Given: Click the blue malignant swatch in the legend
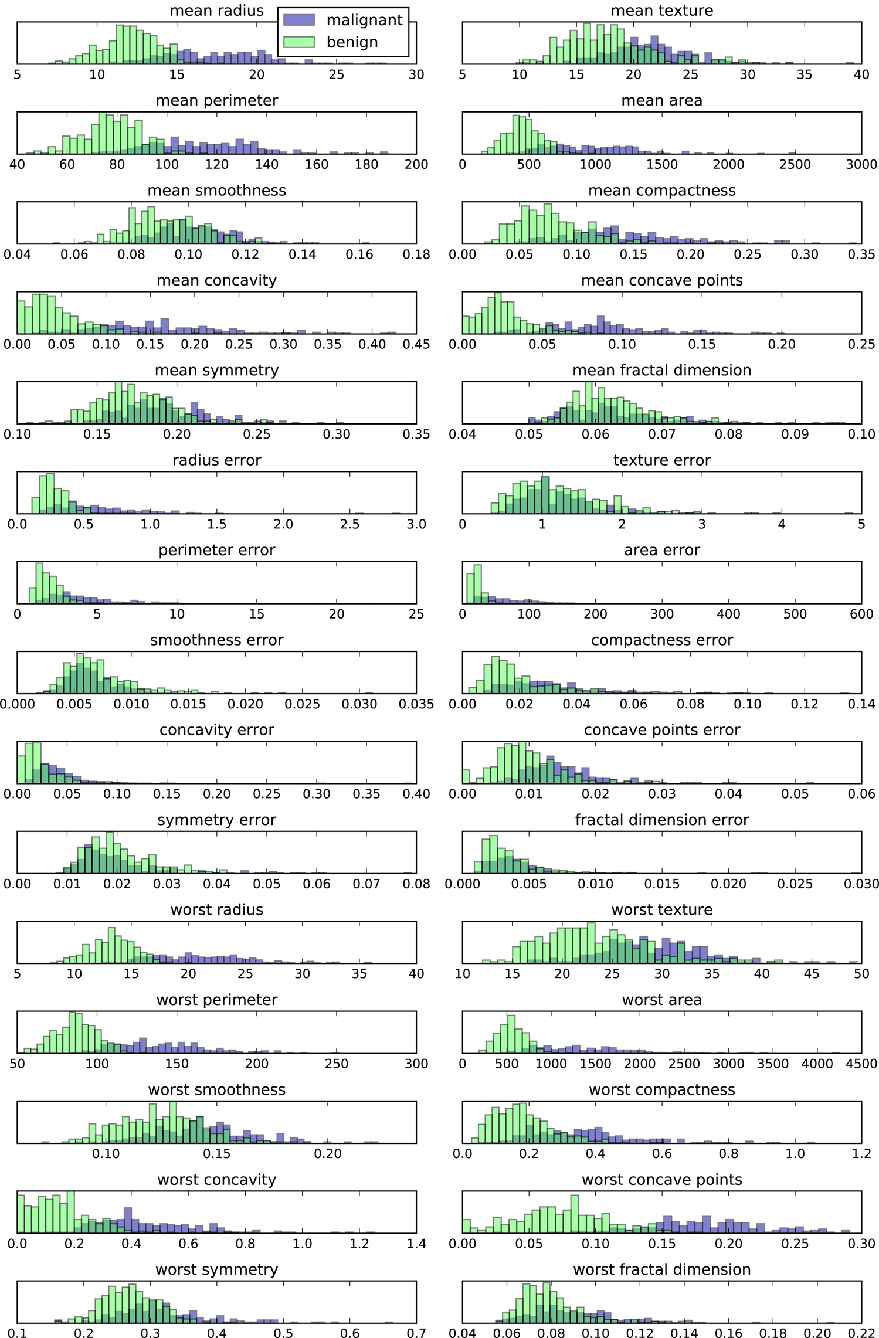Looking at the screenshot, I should [299, 20].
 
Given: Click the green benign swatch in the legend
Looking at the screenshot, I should [299, 42].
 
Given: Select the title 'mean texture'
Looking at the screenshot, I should [661, 11].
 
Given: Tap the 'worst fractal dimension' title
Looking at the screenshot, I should [661, 1269].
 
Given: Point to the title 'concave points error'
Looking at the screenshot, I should [661, 730].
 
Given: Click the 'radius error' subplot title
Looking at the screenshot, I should [216, 460].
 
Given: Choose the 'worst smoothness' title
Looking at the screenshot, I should [216, 1089].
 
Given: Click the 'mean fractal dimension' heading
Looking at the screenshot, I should [661, 370].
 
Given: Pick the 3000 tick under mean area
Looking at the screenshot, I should [861, 164].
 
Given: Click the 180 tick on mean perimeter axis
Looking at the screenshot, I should [366, 164].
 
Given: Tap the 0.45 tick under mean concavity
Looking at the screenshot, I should [416, 344].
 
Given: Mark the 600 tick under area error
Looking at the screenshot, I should [861, 614].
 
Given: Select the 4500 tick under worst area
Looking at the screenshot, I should [861, 1064].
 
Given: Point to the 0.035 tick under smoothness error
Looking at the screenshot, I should [416, 704].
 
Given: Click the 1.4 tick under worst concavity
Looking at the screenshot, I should [416, 1244].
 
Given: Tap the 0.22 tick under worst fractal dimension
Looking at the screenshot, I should [861, 1333].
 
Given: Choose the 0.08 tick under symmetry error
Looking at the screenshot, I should [416, 884].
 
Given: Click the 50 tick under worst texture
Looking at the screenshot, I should [861, 974].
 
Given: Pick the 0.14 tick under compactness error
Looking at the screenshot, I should [861, 704].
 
